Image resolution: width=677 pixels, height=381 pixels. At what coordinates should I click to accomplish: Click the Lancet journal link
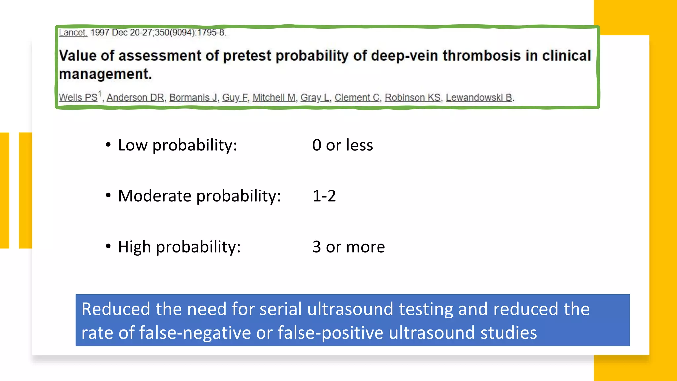click(x=73, y=33)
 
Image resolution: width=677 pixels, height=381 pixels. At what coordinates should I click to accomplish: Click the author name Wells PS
click(x=78, y=98)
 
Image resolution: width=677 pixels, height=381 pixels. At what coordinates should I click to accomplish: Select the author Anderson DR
click(x=135, y=98)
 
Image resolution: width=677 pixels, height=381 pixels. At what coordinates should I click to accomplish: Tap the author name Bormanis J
click(x=193, y=98)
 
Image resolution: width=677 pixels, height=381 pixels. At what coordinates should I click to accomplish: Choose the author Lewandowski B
click(x=479, y=98)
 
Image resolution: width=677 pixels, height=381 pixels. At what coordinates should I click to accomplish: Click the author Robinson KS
click(x=413, y=98)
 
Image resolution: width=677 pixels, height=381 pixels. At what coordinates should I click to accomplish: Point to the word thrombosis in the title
click(x=481, y=56)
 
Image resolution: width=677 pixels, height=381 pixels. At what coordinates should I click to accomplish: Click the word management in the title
click(x=105, y=74)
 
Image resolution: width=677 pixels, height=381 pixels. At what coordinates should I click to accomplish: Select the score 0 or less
click(x=342, y=145)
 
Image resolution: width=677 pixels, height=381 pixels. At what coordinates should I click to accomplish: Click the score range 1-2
click(x=324, y=196)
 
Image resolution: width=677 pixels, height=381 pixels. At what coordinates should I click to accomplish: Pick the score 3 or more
click(x=348, y=247)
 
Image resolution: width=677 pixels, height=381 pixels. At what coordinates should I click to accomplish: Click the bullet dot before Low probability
click(x=108, y=145)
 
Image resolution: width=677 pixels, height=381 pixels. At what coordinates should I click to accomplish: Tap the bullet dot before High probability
click(x=108, y=246)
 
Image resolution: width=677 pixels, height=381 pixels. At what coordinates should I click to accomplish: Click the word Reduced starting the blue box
click(x=116, y=309)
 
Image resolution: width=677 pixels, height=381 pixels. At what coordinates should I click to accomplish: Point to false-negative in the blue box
click(x=195, y=333)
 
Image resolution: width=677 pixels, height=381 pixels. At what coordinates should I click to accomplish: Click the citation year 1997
click(x=100, y=33)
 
